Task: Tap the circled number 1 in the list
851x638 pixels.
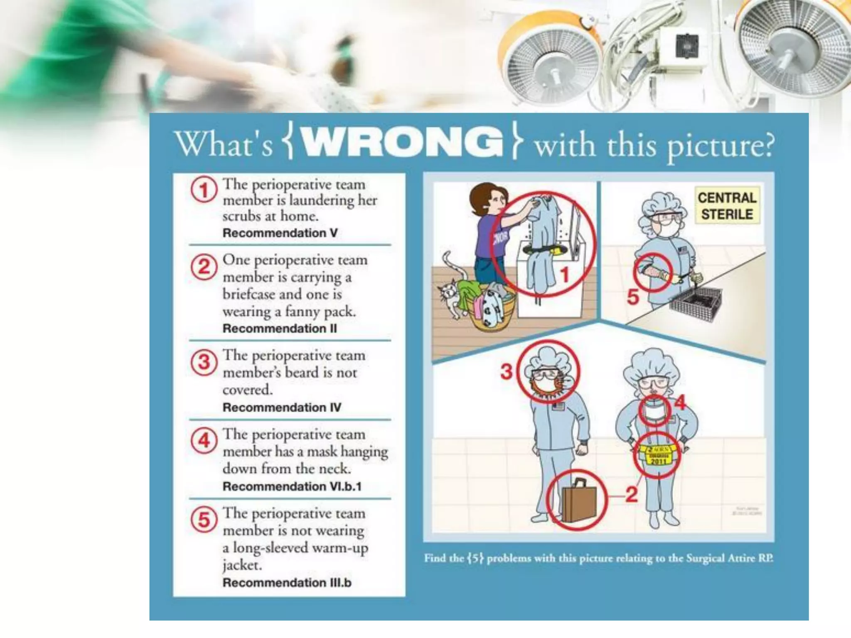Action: [204, 190]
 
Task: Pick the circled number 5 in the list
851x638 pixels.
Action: [204, 520]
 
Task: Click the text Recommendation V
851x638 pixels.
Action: [280, 233]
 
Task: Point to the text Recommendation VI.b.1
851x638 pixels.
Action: [292, 486]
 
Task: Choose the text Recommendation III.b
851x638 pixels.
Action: [287, 583]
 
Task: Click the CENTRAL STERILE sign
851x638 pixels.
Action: [727, 206]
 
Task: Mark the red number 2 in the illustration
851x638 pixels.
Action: [631, 495]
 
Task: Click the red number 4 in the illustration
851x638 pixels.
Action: [680, 402]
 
